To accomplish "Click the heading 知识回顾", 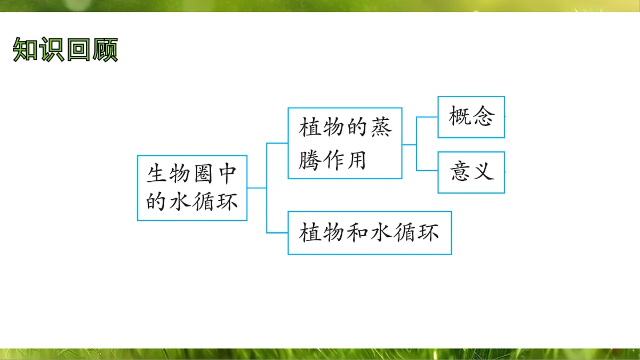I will [65, 50].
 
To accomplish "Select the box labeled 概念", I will [471, 117].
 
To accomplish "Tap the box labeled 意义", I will [471, 172].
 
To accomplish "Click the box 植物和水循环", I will [370, 233].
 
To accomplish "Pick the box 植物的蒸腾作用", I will [345, 143].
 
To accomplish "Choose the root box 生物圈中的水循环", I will [192, 188].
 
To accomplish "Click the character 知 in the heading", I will [25, 50].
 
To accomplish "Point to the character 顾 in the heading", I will [105, 50].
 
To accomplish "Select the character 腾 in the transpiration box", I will [310, 158].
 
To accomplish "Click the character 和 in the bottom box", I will [354, 233].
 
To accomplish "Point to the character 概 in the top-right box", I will [459, 117].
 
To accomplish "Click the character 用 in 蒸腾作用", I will [356, 158].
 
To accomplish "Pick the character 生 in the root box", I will [156, 173].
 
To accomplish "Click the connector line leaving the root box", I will [257, 188].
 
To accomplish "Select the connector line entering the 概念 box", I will [427, 117].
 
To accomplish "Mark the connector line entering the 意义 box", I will [427, 170].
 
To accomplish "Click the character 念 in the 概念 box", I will [483, 117].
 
